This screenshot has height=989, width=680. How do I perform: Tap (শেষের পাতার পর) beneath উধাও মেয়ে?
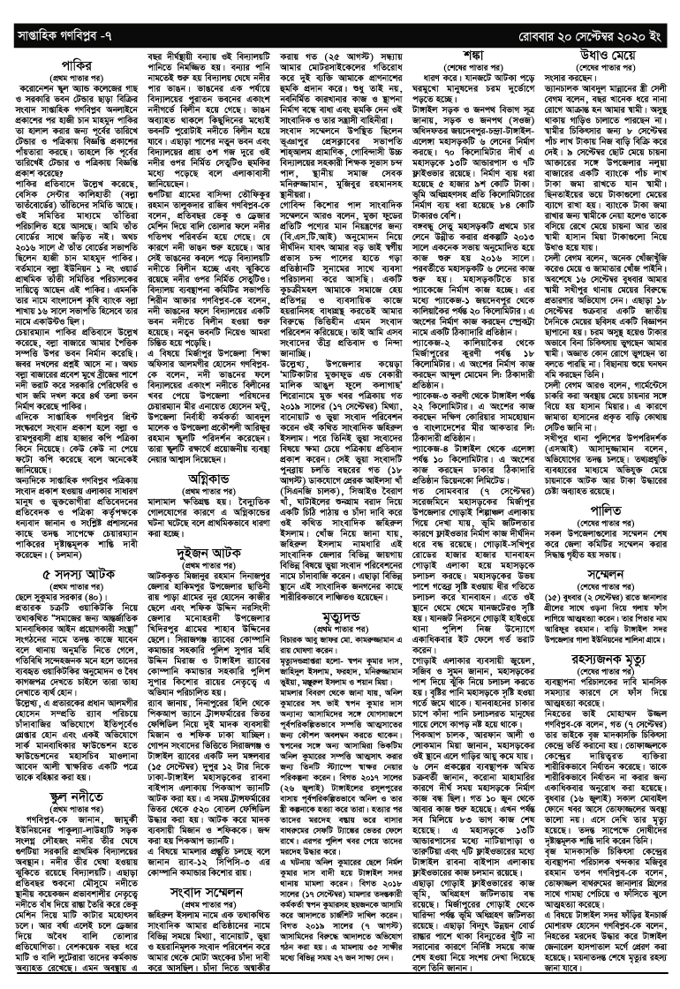click(603, 66)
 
